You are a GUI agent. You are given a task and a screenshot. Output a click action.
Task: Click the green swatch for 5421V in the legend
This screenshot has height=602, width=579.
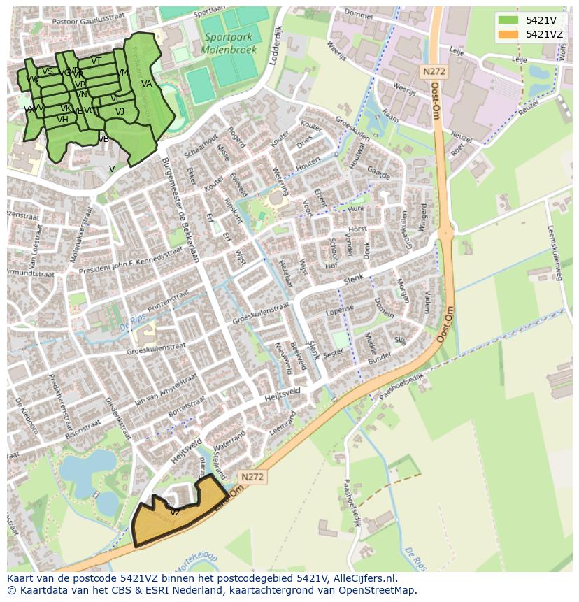pyautogui.click(x=508, y=20)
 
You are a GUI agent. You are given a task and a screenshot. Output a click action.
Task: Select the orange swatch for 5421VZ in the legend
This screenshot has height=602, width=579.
pyautogui.click(x=508, y=34)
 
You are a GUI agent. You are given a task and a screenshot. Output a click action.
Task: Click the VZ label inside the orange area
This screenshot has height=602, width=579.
pyautogui.click(x=175, y=513)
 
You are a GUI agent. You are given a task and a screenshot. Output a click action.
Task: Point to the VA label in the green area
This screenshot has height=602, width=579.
pyautogui.click(x=146, y=84)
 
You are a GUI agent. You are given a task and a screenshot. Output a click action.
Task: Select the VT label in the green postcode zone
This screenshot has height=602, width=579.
pyautogui.click(x=96, y=61)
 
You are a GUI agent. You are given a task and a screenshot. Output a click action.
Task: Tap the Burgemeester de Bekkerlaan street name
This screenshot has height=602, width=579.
pyautogui.click(x=180, y=209)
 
